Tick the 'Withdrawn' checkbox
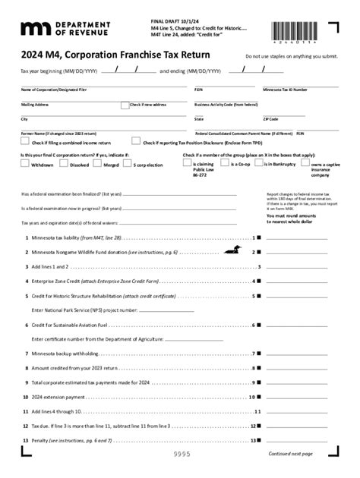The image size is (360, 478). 24,163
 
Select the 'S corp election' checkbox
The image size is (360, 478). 128,163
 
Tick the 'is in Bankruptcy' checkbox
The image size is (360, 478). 260,163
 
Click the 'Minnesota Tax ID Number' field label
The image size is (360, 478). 285,90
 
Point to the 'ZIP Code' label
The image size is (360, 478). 271,119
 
